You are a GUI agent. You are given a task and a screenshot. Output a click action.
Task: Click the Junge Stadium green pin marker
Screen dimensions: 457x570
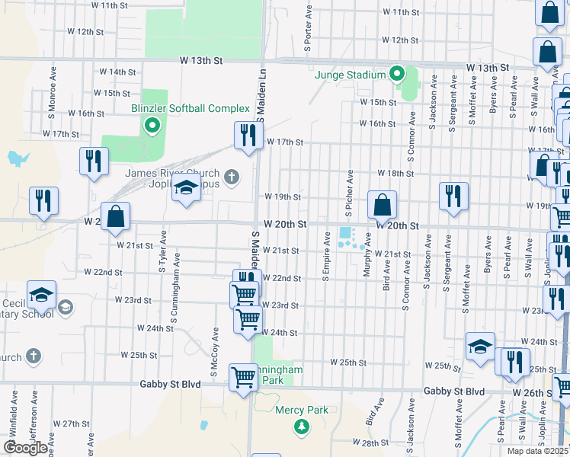(396, 74)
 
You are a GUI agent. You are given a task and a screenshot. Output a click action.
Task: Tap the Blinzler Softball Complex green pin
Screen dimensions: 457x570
(152, 125)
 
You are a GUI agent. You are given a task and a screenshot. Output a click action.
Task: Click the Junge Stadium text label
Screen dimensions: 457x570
(351, 75)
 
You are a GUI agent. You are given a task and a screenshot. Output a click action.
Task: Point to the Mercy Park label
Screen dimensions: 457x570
(302, 410)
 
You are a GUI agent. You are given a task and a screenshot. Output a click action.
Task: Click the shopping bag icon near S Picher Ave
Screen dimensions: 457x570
(382, 204)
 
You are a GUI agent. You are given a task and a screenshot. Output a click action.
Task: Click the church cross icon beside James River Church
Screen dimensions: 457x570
(232, 178)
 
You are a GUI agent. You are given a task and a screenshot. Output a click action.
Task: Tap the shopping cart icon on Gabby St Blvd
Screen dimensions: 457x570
(244, 376)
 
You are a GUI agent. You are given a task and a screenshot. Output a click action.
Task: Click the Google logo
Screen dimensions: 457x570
(24, 447)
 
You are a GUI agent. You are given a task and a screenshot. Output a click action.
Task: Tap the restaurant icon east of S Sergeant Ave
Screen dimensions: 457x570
(453, 197)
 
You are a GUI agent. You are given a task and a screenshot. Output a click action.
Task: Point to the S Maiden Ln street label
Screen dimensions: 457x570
(261, 95)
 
